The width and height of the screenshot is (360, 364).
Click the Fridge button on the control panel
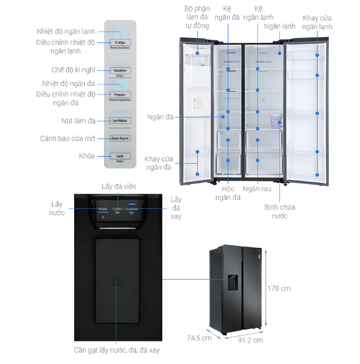click(119, 43)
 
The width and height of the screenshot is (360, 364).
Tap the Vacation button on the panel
click(119, 71)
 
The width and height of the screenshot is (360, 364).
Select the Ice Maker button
click(119, 120)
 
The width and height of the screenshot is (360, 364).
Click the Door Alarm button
click(119, 138)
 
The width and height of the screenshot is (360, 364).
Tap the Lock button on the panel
click(119, 156)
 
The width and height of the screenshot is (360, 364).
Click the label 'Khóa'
click(87, 156)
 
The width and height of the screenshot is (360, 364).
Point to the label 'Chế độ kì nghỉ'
click(73, 70)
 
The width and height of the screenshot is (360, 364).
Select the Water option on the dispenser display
click(103, 210)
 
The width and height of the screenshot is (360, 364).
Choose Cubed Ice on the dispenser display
click(117, 210)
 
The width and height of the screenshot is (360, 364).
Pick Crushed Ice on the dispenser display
click(131, 210)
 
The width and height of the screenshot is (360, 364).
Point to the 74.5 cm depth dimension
click(199, 337)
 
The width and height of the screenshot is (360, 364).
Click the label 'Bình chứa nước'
click(283, 211)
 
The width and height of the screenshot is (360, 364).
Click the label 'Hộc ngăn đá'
click(227, 193)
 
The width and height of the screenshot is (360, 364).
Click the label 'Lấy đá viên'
click(119, 186)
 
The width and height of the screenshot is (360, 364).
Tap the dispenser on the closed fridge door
click(233, 282)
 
